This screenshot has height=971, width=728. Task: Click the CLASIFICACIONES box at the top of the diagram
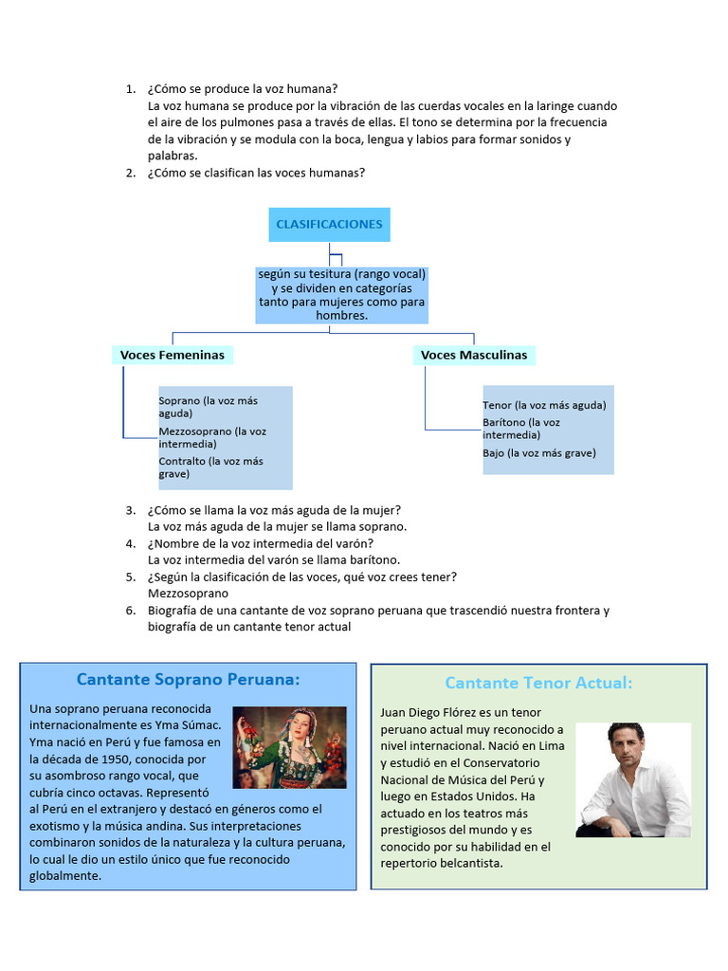(329, 225)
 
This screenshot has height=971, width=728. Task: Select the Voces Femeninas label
(173, 355)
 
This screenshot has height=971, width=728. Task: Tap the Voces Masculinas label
(474, 355)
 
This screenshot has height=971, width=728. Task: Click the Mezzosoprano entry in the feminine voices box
(212, 437)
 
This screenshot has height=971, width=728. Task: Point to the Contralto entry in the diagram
(210, 467)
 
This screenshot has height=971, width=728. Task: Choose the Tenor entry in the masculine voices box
(544, 405)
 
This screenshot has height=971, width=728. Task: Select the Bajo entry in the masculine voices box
(538, 452)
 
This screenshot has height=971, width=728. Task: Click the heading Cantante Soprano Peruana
(188, 679)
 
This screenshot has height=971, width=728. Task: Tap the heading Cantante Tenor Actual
(537, 683)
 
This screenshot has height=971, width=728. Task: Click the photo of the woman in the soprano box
(290, 748)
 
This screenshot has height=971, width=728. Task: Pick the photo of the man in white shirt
(633, 779)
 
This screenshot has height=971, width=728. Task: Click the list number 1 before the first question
(130, 89)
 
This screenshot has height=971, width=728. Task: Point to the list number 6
(130, 610)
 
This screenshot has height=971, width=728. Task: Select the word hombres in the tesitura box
(340, 315)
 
